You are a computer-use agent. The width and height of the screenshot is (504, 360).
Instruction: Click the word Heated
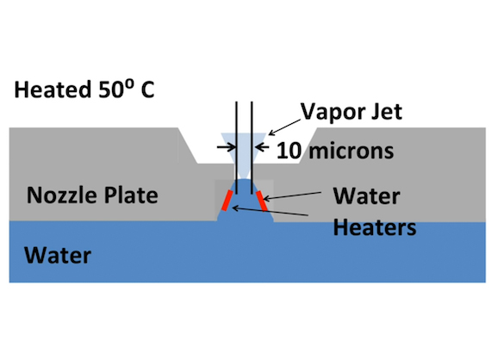click(x=53, y=90)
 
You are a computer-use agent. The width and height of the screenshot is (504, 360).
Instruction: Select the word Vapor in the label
click(x=333, y=113)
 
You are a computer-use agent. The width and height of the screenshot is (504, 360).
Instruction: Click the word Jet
click(x=387, y=112)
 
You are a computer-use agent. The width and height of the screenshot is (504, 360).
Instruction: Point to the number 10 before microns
click(x=289, y=151)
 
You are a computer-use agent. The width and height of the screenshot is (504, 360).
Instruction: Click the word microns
click(x=351, y=151)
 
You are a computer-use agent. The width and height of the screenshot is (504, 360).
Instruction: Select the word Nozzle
click(x=60, y=196)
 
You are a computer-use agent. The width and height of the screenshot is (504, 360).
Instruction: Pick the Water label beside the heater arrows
click(x=366, y=196)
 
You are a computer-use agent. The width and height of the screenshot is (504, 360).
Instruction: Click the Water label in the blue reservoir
click(x=58, y=256)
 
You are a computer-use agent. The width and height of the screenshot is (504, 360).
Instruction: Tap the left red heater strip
click(x=227, y=201)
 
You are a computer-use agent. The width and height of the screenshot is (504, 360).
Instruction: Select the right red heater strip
click(x=262, y=202)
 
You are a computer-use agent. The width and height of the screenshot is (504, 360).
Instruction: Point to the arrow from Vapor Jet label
click(x=284, y=127)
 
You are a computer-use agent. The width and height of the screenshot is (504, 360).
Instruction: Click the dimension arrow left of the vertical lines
click(x=227, y=147)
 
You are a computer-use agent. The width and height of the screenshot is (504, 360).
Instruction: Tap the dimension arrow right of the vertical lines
click(x=262, y=147)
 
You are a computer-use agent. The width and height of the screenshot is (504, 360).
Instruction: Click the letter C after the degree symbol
click(x=147, y=90)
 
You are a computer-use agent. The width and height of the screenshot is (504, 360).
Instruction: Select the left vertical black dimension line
click(x=237, y=148)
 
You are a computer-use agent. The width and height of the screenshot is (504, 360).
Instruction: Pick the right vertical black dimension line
click(x=252, y=148)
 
